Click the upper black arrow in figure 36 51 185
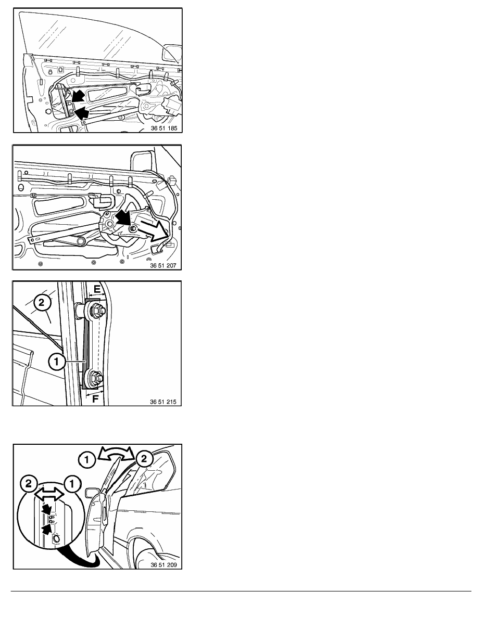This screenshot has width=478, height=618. [x=78, y=96]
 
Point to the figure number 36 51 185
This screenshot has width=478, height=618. [x=164, y=128]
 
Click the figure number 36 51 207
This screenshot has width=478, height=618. [x=163, y=266]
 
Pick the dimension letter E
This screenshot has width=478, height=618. [x=97, y=289]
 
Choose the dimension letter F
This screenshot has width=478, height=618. [x=95, y=398]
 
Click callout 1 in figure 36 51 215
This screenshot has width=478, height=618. [x=56, y=362]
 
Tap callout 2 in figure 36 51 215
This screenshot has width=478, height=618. [x=42, y=303]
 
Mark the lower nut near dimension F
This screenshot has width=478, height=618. [x=96, y=378]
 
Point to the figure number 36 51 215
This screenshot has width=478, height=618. [x=163, y=402]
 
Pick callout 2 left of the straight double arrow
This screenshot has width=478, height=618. [x=29, y=484]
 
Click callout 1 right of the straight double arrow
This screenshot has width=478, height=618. [x=72, y=484]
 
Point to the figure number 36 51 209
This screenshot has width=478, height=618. [x=163, y=565]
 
